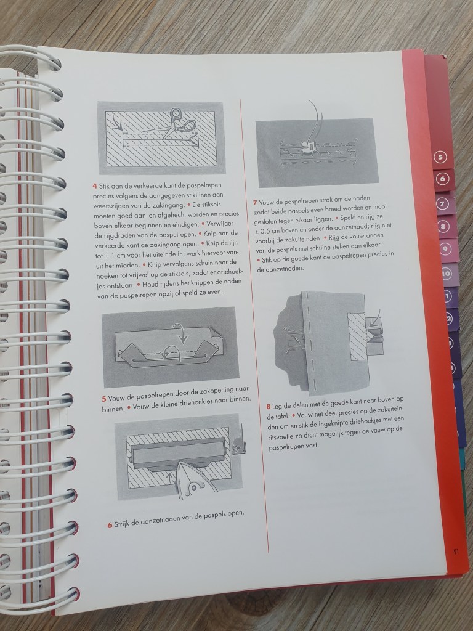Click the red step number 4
pyautogui.click(x=95, y=186)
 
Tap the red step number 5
pyautogui.click(x=104, y=399)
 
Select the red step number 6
pyautogui.click(x=110, y=525)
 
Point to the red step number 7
pyautogui.click(x=255, y=202)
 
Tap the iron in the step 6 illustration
pyautogui.click(x=195, y=481)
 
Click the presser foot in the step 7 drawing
pyautogui.click(x=307, y=147)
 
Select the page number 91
pyautogui.click(x=456, y=552)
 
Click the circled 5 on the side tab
pyautogui.click(x=440, y=157)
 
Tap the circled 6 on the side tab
pyautogui.click(x=442, y=179)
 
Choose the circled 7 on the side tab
pyautogui.click(x=442, y=204)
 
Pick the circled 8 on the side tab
pyautogui.click(x=443, y=227)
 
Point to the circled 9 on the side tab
pyautogui.click(x=445, y=250)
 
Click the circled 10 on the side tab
pyautogui.click(x=446, y=274)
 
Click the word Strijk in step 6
pyautogui.click(x=123, y=524)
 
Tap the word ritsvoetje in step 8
pyautogui.click(x=281, y=438)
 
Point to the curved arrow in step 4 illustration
pyautogui.click(x=116, y=123)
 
